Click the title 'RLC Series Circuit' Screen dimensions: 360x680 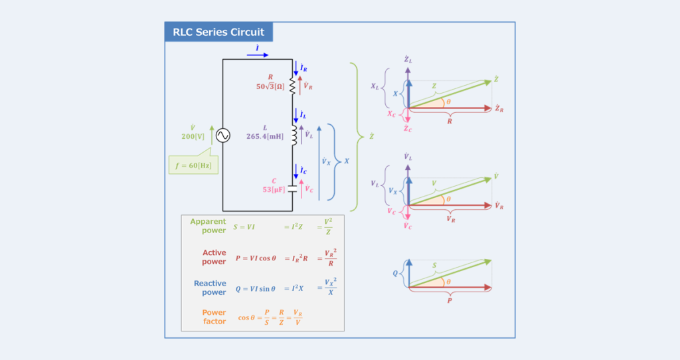(218, 32)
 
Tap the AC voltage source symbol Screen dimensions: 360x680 (222, 135)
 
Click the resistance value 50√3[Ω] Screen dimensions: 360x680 (270, 86)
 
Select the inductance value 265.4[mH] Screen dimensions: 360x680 (266, 136)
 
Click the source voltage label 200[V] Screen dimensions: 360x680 (193, 136)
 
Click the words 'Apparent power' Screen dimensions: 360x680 (208, 226)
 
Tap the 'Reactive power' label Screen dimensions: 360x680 (210, 288)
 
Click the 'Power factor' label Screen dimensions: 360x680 (214, 317)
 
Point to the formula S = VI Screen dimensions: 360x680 (244, 227)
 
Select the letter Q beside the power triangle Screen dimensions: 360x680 (396, 272)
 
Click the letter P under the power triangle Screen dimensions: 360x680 (450, 300)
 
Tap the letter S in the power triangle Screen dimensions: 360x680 (436, 266)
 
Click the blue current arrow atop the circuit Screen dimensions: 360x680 (257, 55)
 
